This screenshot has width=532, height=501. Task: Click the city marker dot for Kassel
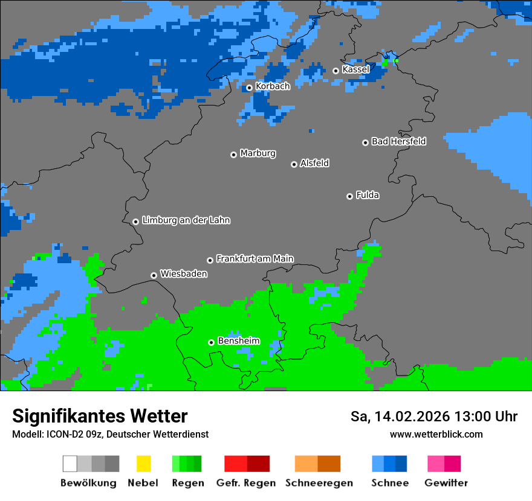pos(336,71)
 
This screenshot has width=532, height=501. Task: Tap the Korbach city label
pos(273,86)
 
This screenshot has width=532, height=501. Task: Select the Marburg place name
pos(258,153)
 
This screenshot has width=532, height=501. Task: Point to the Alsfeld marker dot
pos(294,164)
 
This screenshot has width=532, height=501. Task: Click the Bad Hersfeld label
pos(398,141)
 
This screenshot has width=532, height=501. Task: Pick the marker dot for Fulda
pos(349,196)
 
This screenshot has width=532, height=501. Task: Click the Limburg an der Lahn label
pos(186,220)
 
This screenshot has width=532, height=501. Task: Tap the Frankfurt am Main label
pos(255,258)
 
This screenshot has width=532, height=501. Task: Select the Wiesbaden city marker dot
pos(154,275)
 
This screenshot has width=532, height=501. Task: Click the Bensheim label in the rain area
pos(238,341)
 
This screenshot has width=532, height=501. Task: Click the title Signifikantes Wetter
pos(100,416)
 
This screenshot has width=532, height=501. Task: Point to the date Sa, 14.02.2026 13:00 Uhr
pos(433,416)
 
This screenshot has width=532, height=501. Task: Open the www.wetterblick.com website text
pos(436,434)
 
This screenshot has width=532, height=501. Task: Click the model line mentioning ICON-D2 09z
pos(110,434)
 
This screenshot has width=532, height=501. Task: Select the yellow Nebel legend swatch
pos(143,464)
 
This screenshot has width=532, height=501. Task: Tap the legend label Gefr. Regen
pos(246,483)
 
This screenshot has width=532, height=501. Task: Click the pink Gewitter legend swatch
pos(435,464)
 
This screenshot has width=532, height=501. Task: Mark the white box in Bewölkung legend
pos(70,464)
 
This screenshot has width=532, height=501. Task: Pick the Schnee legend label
pos(389,483)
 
